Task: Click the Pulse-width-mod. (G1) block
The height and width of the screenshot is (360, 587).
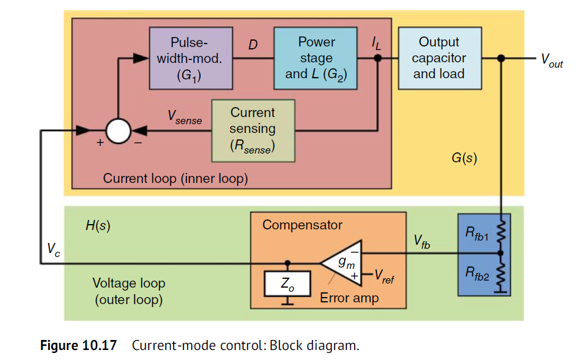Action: (189, 58)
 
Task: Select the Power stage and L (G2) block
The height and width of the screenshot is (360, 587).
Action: (316, 58)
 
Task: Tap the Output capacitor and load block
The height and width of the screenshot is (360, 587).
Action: (439, 58)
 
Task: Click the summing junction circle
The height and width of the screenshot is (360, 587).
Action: (118, 131)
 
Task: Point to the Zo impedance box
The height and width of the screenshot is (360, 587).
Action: (287, 284)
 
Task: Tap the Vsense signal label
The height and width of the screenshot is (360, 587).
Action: (184, 118)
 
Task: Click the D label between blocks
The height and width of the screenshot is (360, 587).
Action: (253, 44)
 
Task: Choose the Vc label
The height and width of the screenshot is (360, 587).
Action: (54, 249)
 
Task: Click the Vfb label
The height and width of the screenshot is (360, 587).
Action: (421, 241)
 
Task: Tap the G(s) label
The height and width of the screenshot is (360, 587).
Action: (464, 159)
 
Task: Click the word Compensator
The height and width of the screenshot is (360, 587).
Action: (302, 225)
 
